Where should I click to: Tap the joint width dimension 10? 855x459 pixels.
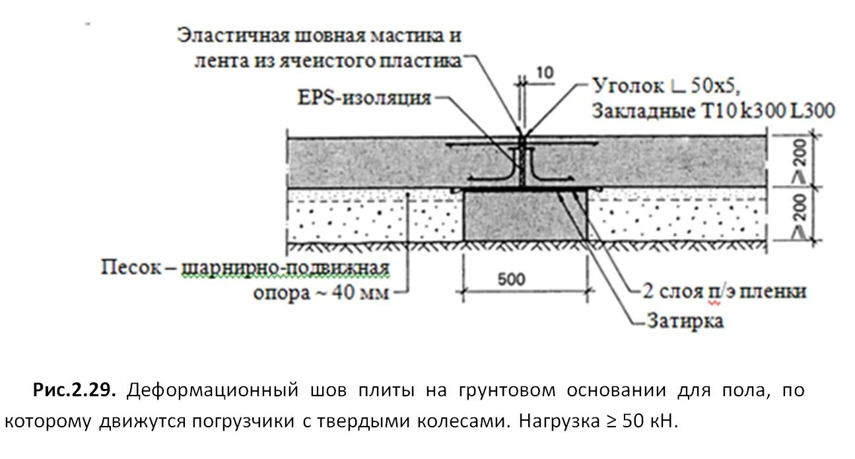coord(545,73)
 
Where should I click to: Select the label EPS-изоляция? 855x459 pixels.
coord(364,99)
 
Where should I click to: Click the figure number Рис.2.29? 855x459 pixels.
coord(75,391)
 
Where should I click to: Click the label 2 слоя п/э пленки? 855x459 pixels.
coord(724,291)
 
